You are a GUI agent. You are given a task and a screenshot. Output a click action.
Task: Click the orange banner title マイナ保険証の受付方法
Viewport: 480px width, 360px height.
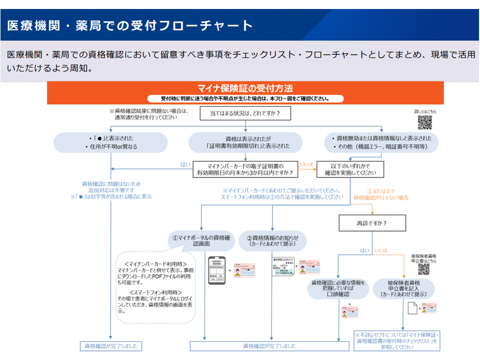[245, 89]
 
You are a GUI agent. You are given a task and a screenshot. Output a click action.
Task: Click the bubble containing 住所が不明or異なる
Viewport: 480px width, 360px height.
[110, 142]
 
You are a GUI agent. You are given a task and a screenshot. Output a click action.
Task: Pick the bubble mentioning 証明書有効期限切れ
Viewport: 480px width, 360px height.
[245, 142]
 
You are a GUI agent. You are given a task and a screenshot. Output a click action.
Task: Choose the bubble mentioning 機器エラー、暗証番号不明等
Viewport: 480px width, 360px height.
[381, 142]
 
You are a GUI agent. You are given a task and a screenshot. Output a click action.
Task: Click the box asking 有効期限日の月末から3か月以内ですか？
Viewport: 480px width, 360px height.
[245, 169]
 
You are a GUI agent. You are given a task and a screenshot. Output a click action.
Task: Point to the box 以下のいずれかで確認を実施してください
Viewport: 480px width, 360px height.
[350, 169]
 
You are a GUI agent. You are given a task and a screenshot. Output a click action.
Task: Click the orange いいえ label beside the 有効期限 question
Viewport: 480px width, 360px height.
[306, 164]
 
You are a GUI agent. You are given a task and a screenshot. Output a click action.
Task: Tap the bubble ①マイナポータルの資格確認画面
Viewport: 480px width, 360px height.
[201, 241]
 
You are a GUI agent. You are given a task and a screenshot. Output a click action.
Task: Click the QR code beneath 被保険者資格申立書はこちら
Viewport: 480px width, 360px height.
[424, 269]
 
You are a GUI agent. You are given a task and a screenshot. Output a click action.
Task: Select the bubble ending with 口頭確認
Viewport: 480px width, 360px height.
[338, 288]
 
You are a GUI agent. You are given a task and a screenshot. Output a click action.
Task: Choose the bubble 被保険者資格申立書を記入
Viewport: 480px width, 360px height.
[403, 288]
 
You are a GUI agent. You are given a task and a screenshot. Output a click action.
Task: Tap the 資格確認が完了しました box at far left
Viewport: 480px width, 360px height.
[110, 345]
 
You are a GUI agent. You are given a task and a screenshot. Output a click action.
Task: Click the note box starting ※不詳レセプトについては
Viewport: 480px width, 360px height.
[395, 340]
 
